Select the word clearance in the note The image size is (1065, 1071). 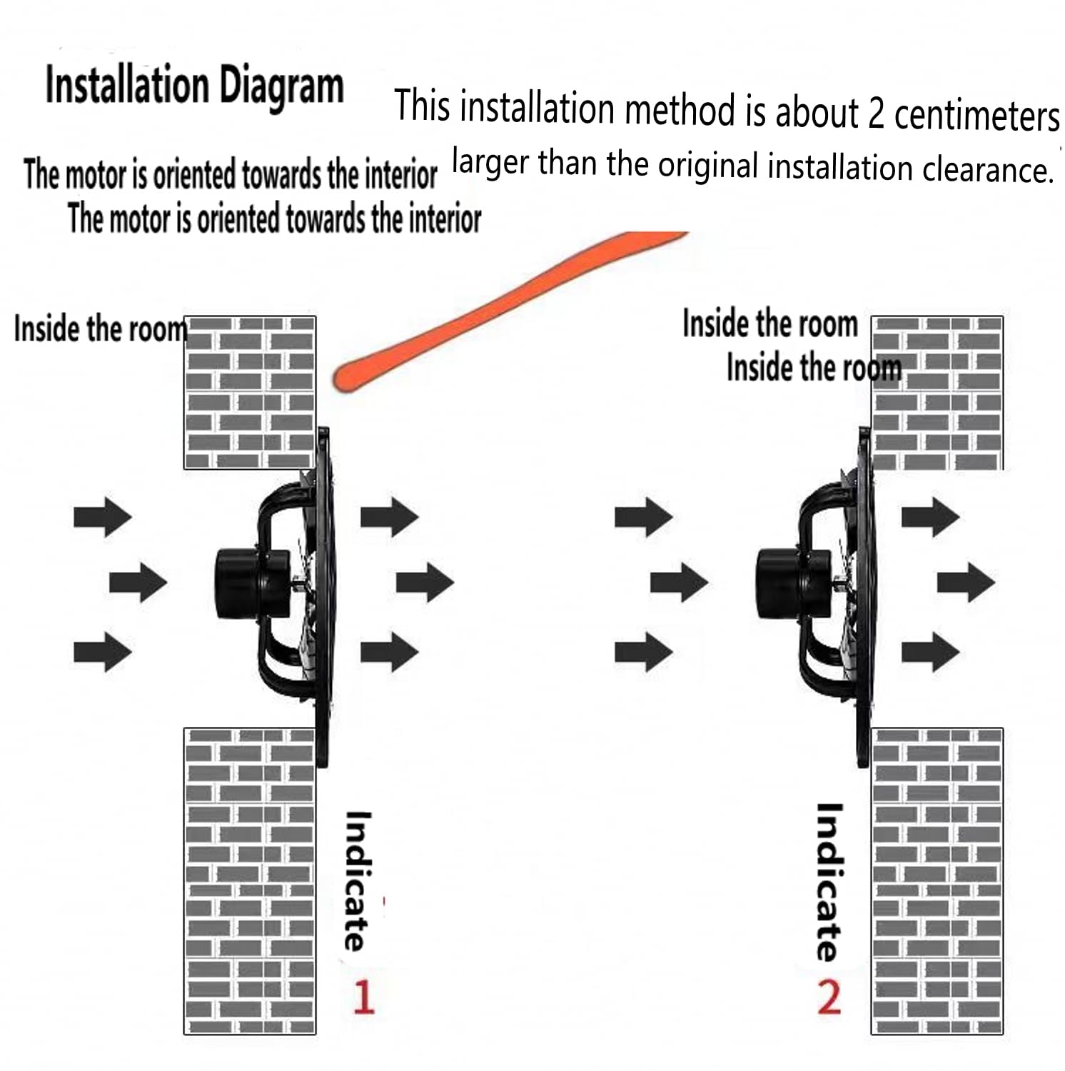tap(989, 170)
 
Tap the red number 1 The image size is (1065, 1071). tap(363, 997)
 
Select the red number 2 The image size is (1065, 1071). tap(829, 997)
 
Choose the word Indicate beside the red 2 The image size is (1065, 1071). tap(829, 883)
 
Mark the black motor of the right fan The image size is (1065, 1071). tap(794, 583)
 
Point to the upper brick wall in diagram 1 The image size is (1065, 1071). tap(250, 393)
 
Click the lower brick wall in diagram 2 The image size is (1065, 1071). tap(937, 881)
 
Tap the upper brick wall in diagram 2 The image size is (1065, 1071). tap(937, 393)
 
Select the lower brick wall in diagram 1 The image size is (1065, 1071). tap(250, 881)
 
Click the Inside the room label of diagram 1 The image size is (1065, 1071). tap(101, 329)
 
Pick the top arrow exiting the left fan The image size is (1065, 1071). tap(389, 516)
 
